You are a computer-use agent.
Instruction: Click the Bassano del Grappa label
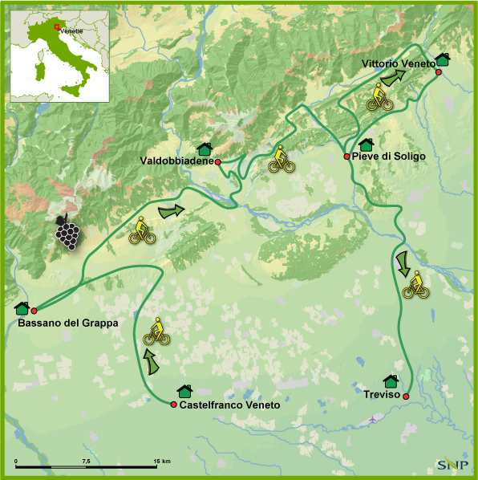(x=67, y=323)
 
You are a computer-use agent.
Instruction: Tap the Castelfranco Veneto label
(x=230, y=405)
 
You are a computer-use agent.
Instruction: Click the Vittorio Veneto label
(x=398, y=63)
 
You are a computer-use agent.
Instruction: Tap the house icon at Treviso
(x=391, y=381)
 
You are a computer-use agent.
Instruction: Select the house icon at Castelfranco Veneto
(x=185, y=391)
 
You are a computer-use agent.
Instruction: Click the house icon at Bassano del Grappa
(x=22, y=308)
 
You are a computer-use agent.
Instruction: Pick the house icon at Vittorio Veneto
(x=442, y=59)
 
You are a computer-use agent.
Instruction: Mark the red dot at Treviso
(x=407, y=397)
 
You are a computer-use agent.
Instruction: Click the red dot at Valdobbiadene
(x=218, y=161)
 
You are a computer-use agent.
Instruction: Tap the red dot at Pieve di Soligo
(x=346, y=157)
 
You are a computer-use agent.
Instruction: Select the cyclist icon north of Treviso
(x=415, y=285)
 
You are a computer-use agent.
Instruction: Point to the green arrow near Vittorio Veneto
(x=392, y=77)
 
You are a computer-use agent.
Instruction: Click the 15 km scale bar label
(x=161, y=461)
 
